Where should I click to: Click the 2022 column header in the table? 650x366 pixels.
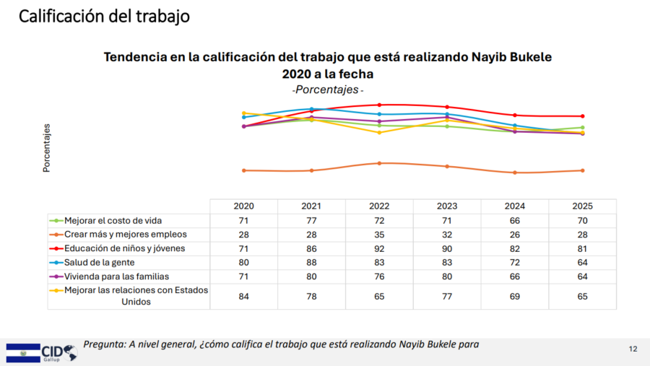380,206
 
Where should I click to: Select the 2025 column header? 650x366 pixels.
583,206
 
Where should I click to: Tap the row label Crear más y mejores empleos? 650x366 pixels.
125,234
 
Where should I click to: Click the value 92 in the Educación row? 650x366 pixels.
380,248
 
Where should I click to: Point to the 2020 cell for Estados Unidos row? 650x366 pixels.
243,296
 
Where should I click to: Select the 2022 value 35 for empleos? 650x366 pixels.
380,234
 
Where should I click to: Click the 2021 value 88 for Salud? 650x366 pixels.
311,262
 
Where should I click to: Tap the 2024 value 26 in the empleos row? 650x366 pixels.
515,234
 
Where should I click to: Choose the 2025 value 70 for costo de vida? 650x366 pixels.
583,220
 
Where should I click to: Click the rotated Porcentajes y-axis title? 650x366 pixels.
47,148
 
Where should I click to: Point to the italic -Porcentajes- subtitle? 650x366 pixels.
328,90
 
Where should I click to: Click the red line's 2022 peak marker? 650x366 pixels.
380,105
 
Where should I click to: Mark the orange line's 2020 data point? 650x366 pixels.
244,170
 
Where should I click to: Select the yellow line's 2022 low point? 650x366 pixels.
380,132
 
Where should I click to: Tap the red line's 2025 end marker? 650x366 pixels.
583,116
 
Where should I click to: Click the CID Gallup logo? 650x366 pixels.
42,352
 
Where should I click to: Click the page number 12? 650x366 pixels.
633,349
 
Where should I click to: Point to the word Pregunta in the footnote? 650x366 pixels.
104,344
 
